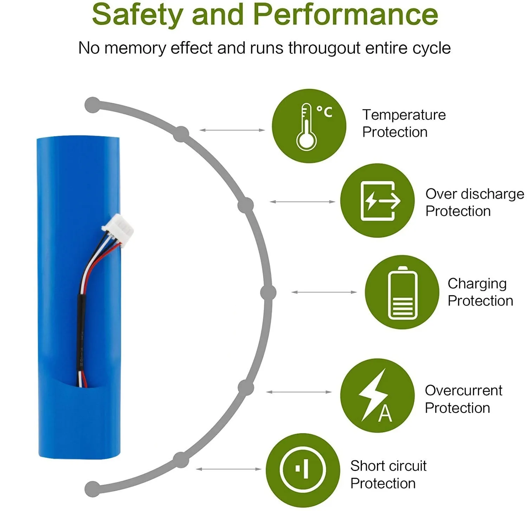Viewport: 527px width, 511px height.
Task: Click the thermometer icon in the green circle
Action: pyautogui.click(x=306, y=127)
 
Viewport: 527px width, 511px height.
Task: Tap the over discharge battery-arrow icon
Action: pyautogui.click(x=379, y=201)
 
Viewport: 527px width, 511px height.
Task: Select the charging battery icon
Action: pyautogui.click(x=403, y=293)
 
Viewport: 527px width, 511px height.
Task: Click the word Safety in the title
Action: pyautogui.click(x=137, y=15)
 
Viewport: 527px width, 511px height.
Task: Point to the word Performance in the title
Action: pyautogui.click(x=346, y=15)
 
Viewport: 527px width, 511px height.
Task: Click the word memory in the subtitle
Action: pyautogui.click(x=135, y=48)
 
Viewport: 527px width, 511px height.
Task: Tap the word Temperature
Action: pyautogui.click(x=404, y=115)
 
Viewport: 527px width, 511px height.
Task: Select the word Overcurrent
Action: pyautogui.click(x=463, y=390)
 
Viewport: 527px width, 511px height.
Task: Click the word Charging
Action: pyautogui.click(x=477, y=284)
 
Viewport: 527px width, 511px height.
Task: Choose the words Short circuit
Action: pyautogui.click(x=388, y=466)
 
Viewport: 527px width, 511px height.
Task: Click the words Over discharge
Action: pyautogui.click(x=474, y=194)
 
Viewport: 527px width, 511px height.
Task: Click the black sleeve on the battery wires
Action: pyautogui.click(x=80, y=337)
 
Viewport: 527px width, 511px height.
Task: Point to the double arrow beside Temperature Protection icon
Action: pyautogui.click(x=232, y=130)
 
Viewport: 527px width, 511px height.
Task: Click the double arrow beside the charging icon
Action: pyautogui.click(x=324, y=292)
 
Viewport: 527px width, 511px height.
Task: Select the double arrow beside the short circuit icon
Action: pyautogui.click(x=228, y=469)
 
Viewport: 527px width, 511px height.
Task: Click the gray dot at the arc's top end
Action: pyautogui.click(x=92, y=105)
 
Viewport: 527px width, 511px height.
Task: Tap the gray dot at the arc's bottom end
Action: pyautogui.click(x=92, y=489)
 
